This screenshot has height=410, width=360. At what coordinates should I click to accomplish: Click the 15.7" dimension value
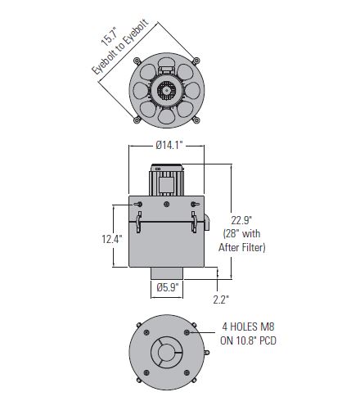click(110, 36)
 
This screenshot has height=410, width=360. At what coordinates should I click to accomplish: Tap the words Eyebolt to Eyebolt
click(120, 47)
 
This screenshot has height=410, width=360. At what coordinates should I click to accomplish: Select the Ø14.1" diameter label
click(169, 145)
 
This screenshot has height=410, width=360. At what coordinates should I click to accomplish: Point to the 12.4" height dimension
click(112, 239)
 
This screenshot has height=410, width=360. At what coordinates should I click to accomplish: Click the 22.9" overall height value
click(241, 220)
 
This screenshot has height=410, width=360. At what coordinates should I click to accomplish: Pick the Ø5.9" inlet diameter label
click(168, 287)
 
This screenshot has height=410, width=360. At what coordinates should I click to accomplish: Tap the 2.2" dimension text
click(221, 300)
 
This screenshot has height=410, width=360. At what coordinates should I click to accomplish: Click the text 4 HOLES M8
click(248, 327)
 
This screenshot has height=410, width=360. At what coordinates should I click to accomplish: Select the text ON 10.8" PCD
click(248, 340)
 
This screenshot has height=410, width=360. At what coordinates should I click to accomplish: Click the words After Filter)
click(242, 247)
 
